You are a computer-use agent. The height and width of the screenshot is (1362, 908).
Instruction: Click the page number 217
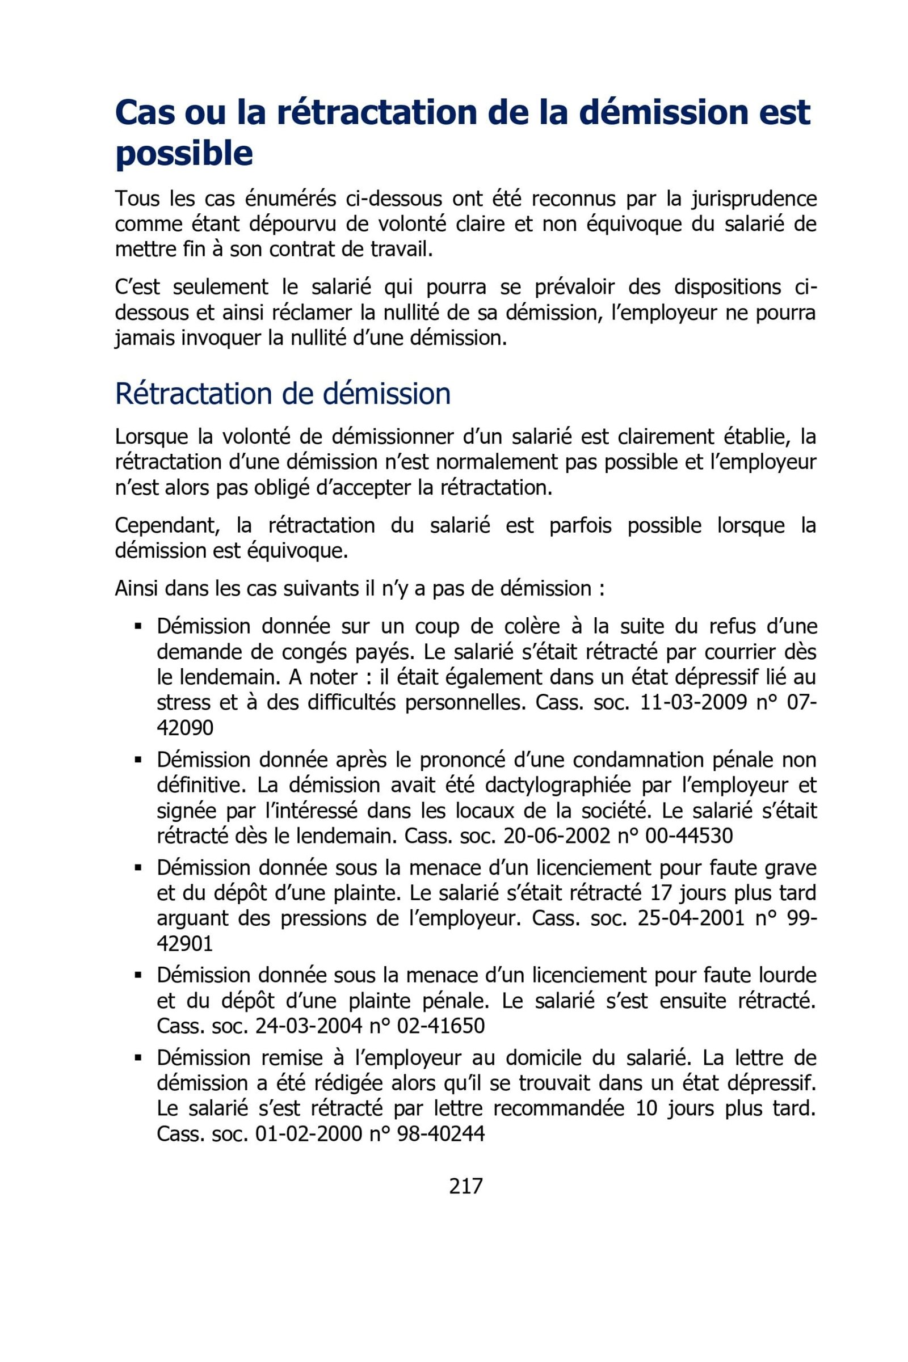coord(465,1186)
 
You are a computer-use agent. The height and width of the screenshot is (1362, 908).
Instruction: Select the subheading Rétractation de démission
coord(283,394)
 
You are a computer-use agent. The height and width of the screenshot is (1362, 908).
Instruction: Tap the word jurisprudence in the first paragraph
coord(754,199)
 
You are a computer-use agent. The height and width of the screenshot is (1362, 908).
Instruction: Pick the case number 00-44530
coord(688,836)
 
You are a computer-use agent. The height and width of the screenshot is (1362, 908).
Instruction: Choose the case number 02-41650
coord(441,1026)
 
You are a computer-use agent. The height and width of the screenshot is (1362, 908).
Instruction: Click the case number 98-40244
coord(441,1134)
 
